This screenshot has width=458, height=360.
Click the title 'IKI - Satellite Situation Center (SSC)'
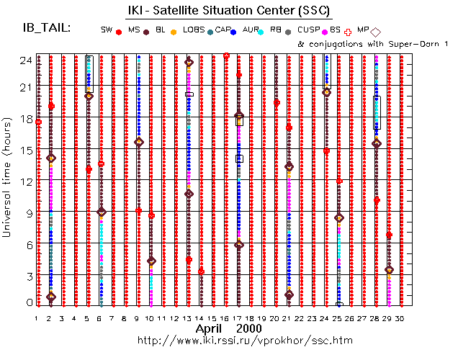229,9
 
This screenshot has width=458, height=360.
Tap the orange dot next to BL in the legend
173,32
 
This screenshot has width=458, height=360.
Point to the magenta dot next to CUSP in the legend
323,32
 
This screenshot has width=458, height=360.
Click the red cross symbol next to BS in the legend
349,32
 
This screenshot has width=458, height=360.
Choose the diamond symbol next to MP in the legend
375,32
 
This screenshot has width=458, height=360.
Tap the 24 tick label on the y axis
24,60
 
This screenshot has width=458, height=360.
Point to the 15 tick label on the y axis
24,150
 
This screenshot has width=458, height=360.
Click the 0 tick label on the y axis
27,303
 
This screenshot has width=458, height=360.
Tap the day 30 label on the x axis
399,318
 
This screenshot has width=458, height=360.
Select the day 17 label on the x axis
239,318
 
